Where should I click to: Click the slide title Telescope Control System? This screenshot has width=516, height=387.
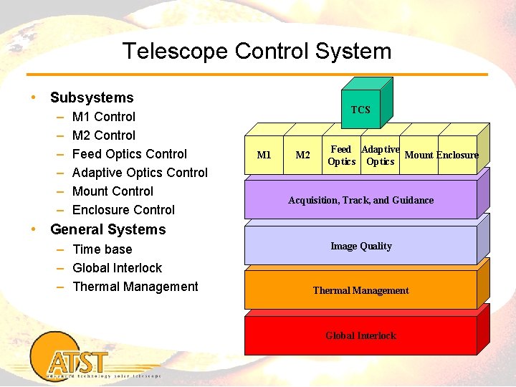tap(257, 52)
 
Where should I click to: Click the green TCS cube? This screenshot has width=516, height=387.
tap(360, 110)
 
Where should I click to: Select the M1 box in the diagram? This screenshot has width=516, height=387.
tap(264, 156)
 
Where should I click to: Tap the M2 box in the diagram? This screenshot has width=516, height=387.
tap(303, 156)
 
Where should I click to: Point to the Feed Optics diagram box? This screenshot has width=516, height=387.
tap(341, 156)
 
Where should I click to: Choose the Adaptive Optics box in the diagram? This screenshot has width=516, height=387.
tap(380, 156)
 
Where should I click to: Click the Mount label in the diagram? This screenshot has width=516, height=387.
tap(419, 155)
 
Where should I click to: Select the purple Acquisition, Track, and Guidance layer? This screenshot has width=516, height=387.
tap(360, 200)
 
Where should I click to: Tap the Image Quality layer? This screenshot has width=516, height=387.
tap(360, 246)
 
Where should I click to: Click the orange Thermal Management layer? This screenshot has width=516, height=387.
tap(360, 290)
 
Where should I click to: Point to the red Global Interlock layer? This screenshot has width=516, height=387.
tap(360, 335)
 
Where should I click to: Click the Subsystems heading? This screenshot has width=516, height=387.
tap(92, 97)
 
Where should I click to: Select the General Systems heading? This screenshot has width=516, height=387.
tap(107, 229)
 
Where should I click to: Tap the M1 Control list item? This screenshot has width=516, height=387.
tap(104, 117)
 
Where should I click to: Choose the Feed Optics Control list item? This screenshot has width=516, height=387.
tap(129, 154)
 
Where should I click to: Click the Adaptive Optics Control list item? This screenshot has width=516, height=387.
tap(140, 173)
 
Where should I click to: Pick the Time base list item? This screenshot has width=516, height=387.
tap(102, 249)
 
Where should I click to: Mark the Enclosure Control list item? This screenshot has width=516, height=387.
tap(123, 210)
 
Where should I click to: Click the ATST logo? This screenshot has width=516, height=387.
tap(79, 362)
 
